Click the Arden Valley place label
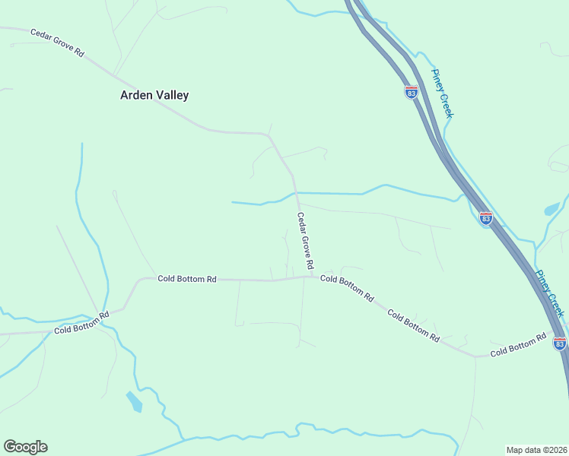(154, 96)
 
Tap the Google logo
(25, 447)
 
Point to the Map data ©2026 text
(536, 450)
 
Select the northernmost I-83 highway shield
(411, 92)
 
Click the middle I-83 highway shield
(485, 219)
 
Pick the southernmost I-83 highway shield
(560, 344)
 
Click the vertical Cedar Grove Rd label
(305, 242)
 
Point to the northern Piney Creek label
(442, 93)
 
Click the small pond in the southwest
(134, 401)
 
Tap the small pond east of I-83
(552, 209)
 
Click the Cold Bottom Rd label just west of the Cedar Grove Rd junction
(187, 279)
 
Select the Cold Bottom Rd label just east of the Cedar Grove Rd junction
(347, 288)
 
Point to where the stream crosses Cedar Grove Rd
(295, 193)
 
